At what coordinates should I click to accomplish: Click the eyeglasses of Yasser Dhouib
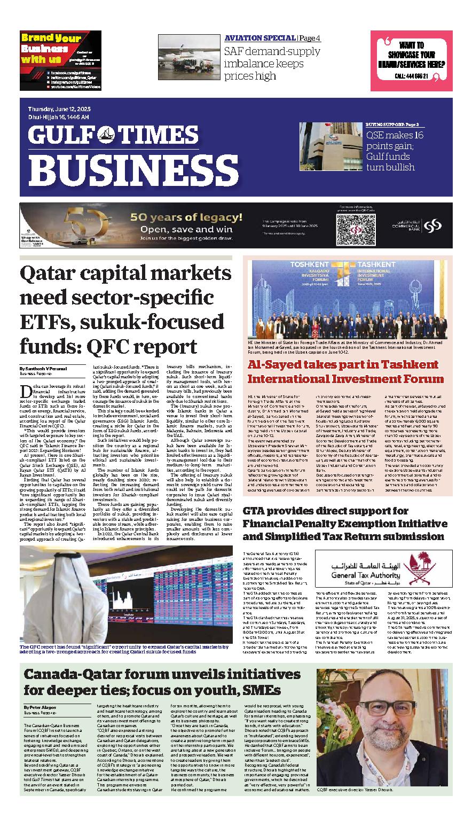pyautogui.click(x=364, y=714)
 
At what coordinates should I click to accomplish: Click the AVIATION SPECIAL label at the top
pyautogui.click(x=259, y=38)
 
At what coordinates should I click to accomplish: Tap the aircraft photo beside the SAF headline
pyautogui.click(x=188, y=57)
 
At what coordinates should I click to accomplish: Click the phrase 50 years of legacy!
pyautogui.click(x=186, y=218)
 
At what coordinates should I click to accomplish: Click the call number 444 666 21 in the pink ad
pyautogui.click(x=414, y=77)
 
